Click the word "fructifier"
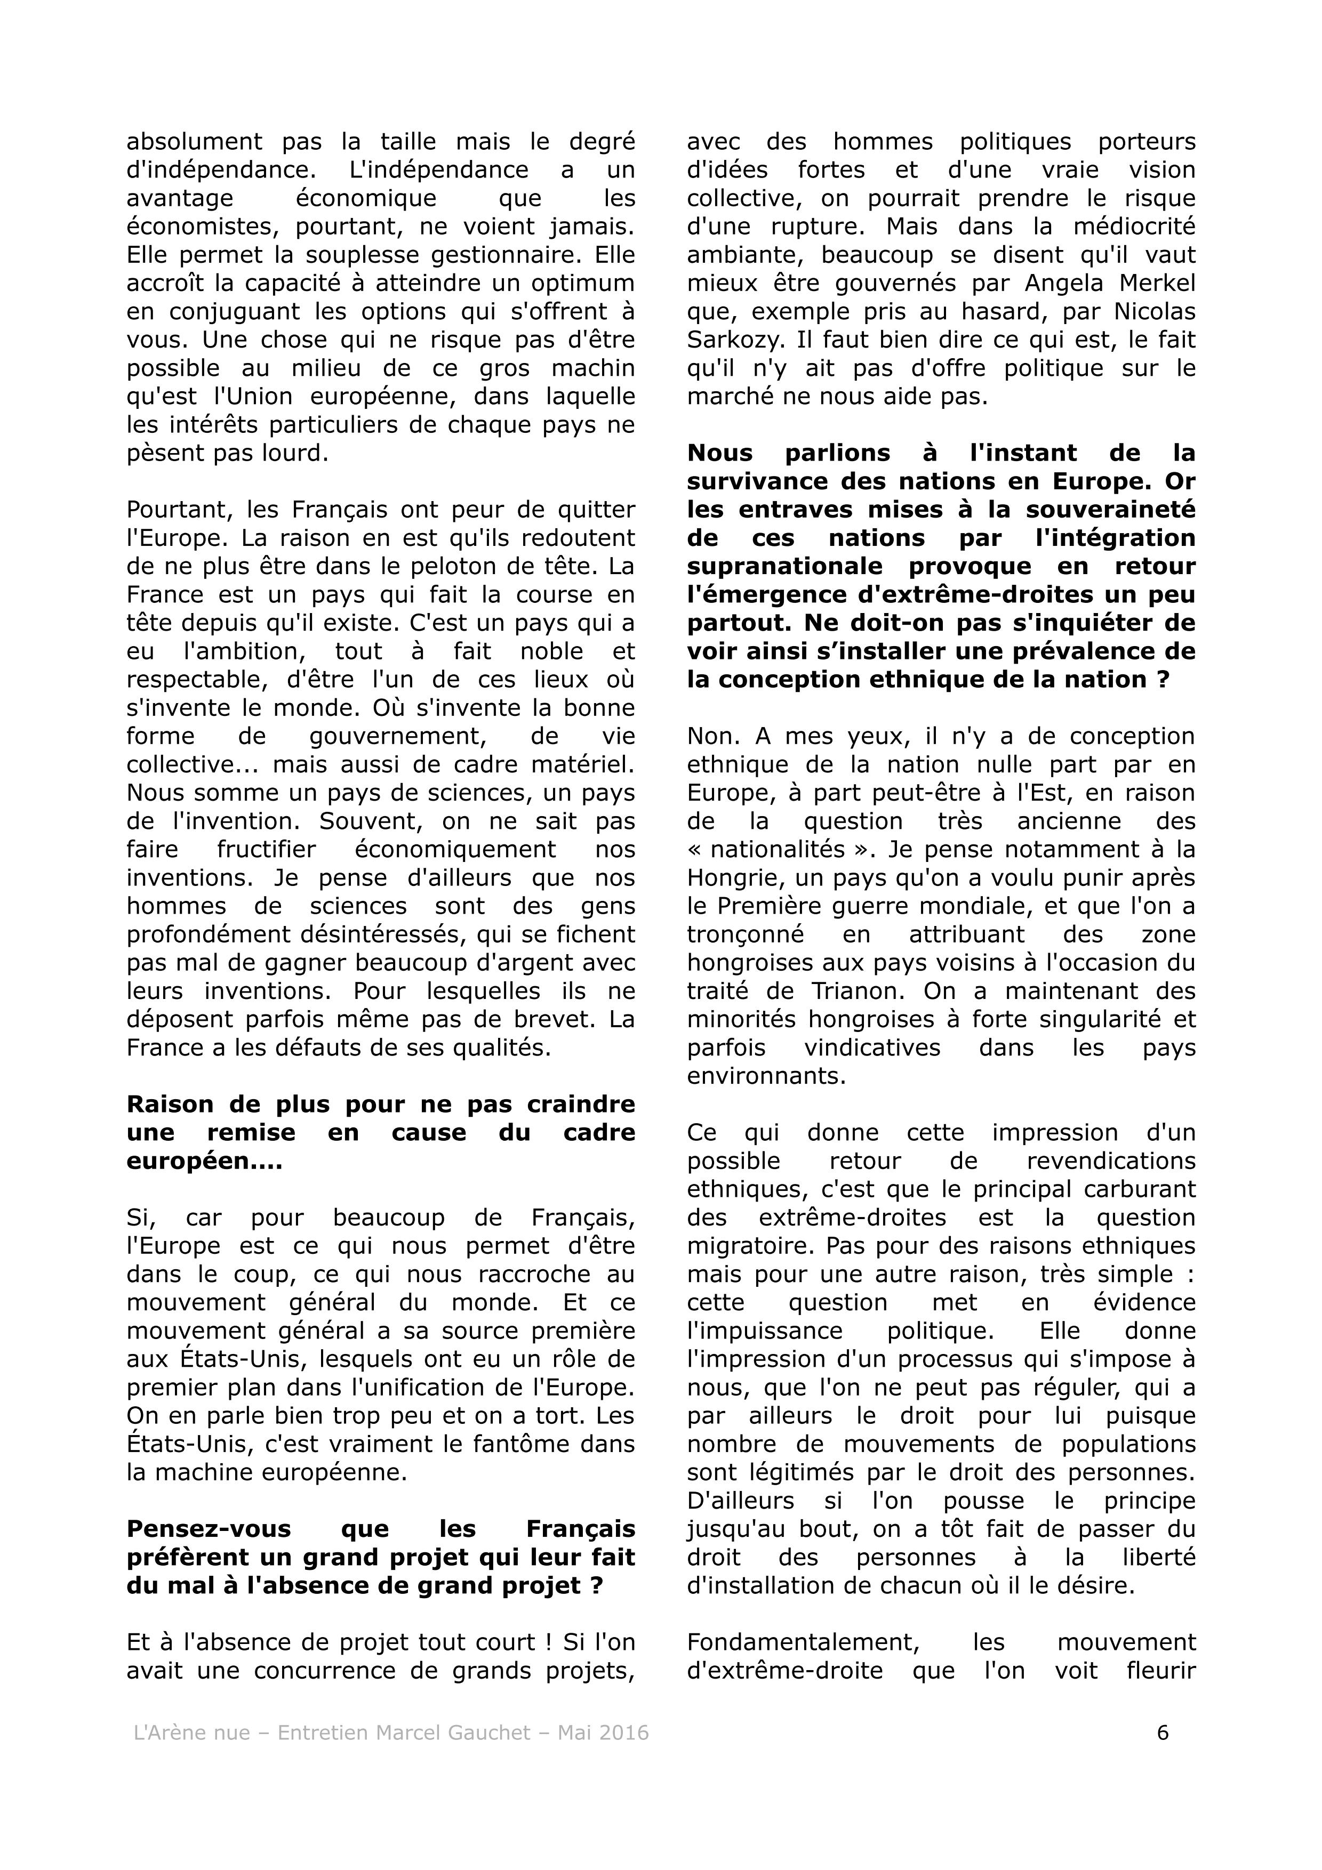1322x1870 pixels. click(x=266, y=850)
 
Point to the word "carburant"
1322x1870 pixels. click(x=1140, y=1189)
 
